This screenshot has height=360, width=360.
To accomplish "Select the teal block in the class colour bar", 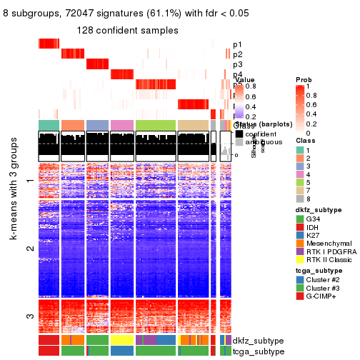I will coord(49,125).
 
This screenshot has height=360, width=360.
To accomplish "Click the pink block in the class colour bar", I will coord(121,125).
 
